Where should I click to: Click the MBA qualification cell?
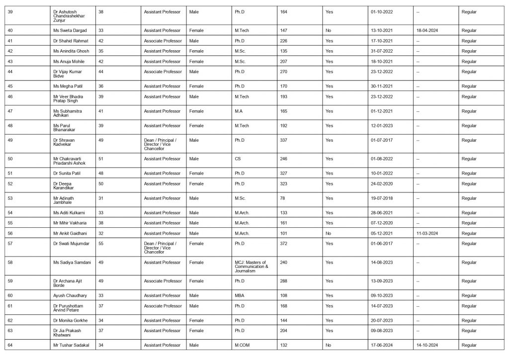click(240, 295)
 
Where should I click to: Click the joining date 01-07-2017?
click(381, 140)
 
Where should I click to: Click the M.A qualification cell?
click(239, 111)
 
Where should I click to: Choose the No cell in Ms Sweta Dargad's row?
click(328, 30)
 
